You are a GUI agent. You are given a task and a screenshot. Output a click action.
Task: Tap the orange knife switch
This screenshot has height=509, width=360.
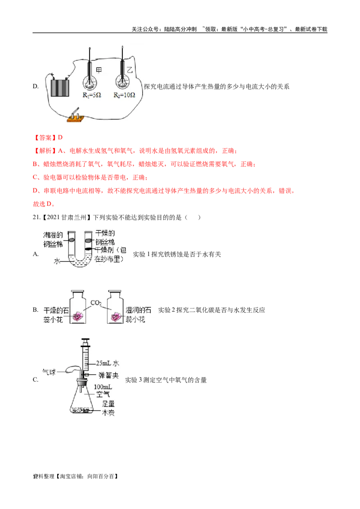point(76,116)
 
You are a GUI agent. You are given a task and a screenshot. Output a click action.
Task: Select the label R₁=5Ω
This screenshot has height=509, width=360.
point(91,96)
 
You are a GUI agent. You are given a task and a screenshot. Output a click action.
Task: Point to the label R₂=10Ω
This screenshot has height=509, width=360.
point(124,96)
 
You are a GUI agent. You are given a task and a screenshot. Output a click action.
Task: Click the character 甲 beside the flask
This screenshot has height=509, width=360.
point(99,69)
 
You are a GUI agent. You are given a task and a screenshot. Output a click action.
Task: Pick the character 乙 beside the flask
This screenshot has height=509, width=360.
point(130,69)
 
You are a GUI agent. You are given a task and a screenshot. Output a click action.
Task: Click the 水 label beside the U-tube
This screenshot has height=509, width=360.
point(57,260)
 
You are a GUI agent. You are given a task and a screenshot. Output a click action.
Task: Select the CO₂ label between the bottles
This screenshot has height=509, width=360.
point(96,303)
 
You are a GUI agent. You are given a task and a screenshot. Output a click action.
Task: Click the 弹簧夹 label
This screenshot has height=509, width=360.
point(108,375)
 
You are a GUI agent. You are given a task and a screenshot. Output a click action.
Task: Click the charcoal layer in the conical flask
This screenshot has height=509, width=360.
point(84,410)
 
